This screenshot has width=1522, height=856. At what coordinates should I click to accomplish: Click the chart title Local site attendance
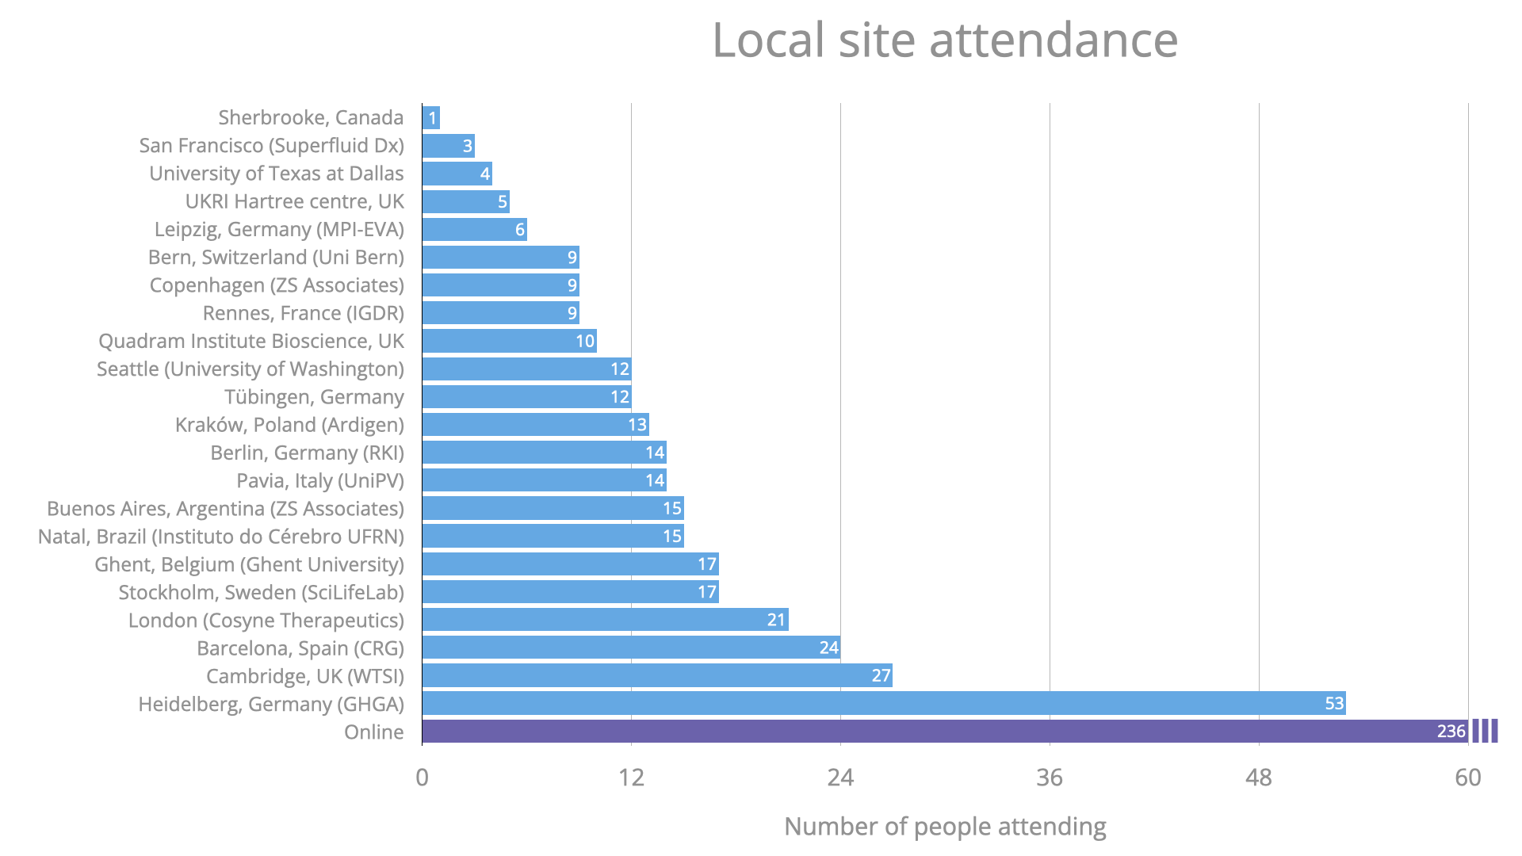944,40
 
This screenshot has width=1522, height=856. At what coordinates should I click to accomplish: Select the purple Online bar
943,732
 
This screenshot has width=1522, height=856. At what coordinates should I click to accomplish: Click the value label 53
1334,704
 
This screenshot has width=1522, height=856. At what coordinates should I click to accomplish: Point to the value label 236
1451,732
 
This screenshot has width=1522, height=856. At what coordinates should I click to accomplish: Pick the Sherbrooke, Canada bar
430,118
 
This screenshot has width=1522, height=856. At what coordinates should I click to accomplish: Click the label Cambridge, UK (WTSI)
305,676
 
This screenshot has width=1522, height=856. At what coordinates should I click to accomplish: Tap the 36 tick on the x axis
1050,778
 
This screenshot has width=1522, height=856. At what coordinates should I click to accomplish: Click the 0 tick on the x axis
423,778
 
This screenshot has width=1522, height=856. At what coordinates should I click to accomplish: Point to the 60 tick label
1467,778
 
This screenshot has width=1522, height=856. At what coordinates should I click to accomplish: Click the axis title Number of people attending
944,827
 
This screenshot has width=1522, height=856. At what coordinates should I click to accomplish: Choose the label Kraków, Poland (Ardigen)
289,425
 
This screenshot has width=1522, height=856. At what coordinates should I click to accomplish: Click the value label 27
881,676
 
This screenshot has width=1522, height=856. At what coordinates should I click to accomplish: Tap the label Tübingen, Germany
314,397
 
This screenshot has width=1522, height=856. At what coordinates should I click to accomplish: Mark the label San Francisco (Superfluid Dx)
271,146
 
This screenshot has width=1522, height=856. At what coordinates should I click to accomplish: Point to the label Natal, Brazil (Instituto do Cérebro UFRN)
221,537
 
